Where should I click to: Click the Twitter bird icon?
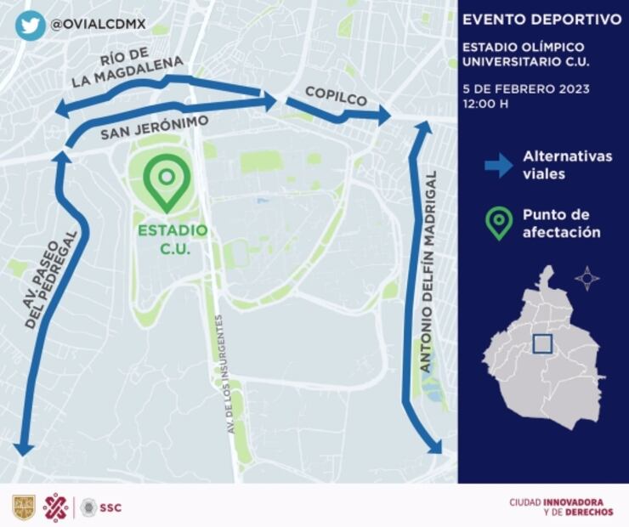30,25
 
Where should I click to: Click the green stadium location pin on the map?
167,182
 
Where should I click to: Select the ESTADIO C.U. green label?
173,239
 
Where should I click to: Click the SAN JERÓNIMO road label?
154,128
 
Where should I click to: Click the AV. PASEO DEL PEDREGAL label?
52,279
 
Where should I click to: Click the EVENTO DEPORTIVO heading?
541,20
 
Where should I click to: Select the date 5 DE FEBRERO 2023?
526,88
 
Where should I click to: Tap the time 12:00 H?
485,104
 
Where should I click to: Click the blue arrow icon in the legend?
498,164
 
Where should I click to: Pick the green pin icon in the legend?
498,223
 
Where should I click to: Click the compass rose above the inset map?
586,278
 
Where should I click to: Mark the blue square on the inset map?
543,344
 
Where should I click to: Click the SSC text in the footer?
110,507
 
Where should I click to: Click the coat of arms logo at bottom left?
24,507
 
